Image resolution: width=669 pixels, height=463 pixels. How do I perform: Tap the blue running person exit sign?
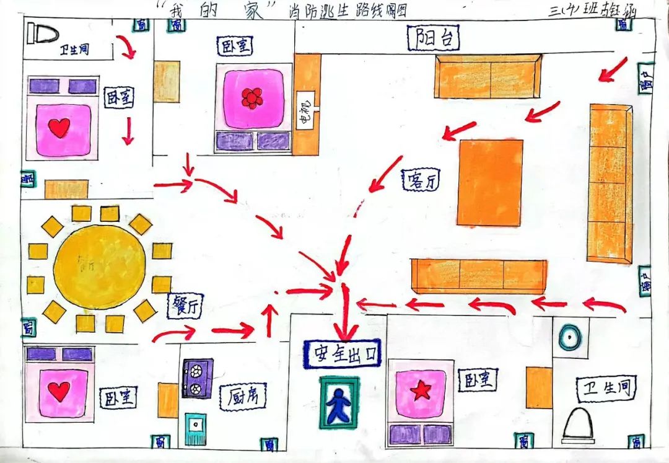coord(338,402)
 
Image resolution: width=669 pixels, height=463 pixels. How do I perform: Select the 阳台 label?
coord(434,38)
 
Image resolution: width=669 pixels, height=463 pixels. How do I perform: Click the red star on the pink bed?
coord(421,390)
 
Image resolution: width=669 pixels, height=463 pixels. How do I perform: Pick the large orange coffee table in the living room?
coord(490,182)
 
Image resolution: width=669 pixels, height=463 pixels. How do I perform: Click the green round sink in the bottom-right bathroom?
coord(569,338)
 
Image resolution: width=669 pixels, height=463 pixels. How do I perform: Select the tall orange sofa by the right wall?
coord(610,183)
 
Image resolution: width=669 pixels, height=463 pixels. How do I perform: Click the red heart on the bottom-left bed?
coord(59,392)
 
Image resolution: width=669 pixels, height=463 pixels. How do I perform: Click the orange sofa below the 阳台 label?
coord(488,77)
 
